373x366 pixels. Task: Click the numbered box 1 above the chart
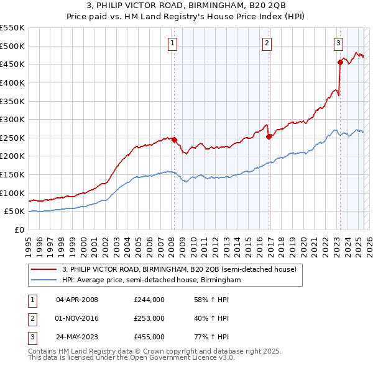[172, 43]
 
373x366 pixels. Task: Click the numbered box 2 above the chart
[267, 43]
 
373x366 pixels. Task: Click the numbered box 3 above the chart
[338, 43]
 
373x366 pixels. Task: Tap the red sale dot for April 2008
[174, 140]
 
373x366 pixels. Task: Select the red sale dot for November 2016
[269, 136]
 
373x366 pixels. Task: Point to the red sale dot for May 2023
[340, 62]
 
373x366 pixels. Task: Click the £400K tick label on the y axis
[12, 83]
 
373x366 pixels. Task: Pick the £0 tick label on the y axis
[19, 230]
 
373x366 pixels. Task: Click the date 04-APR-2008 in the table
[77, 300]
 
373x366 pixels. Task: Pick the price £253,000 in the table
[149, 318]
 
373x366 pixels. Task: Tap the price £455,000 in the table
[149, 337]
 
